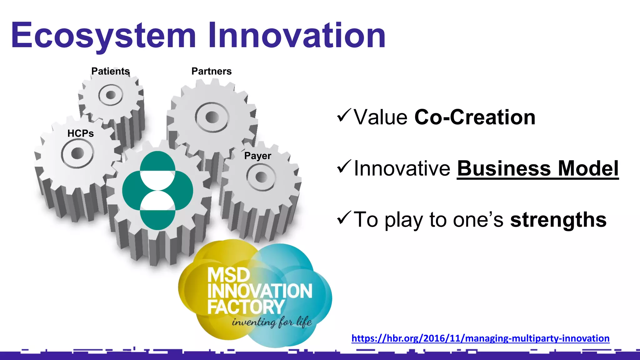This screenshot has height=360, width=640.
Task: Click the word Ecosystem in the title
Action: (x=103, y=36)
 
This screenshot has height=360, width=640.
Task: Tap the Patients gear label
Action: (x=110, y=71)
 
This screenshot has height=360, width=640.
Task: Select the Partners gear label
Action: (x=212, y=71)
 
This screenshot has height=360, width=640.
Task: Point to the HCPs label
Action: (x=81, y=133)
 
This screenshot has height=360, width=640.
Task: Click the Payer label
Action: (x=257, y=156)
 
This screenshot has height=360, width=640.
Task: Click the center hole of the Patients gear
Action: (x=111, y=95)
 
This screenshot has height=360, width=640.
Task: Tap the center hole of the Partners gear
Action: (x=212, y=117)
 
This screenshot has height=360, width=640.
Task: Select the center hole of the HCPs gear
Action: (x=77, y=153)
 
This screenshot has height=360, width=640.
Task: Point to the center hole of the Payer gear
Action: (x=261, y=177)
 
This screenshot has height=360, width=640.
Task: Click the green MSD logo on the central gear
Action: (x=157, y=191)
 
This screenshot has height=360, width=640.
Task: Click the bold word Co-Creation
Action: (x=475, y=117)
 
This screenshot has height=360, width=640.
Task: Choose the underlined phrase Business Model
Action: (x=538, y=168)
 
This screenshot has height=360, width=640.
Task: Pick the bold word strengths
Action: (x=558, y=220)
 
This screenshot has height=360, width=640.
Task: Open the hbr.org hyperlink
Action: (x=480, y=338)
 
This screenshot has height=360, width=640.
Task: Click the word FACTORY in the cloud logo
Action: (x=246, y=307)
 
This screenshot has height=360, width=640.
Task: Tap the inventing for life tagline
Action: (x=272, y=322)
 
